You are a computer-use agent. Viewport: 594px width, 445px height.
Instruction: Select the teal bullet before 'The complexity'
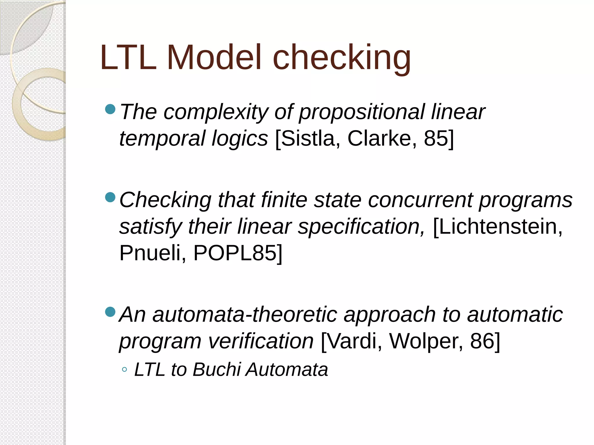(110, 109)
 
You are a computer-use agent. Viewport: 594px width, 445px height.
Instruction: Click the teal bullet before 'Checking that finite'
(110, 198)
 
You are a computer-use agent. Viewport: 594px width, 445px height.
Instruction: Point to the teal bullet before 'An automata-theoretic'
(110, 312)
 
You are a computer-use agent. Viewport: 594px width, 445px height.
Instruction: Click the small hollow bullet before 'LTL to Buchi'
(124, 369)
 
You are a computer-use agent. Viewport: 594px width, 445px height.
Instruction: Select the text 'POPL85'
(235, 253)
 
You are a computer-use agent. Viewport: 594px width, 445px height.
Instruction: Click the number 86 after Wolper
(482, 341)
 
